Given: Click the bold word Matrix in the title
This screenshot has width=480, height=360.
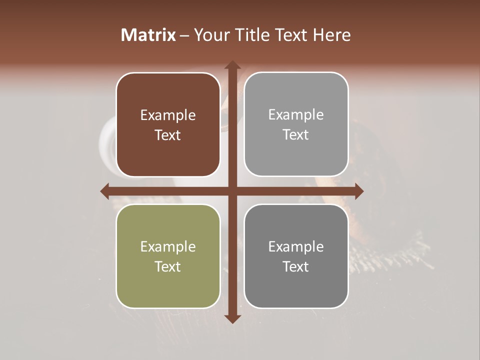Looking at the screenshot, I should [148, 35].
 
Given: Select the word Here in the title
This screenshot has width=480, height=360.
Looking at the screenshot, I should [331, 35].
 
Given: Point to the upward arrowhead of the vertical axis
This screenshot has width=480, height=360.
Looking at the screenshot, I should [232, 65].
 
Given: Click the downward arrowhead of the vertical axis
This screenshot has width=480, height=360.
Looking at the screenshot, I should [232, 319].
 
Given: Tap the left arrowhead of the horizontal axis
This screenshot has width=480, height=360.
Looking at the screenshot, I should [104, 191].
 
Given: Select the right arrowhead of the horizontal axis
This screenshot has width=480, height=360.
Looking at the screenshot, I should [359, 191].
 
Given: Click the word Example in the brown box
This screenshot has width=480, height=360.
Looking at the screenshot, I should [168, 115].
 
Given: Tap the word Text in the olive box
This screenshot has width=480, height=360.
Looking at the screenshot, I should [168, 267].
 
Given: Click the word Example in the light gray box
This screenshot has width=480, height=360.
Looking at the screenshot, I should [296, 115].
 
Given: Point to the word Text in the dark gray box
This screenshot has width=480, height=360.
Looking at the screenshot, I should [296, 267].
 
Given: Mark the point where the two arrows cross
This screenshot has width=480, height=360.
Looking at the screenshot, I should [232, 191].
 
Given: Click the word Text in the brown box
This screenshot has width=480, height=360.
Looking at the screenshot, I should [168, 135].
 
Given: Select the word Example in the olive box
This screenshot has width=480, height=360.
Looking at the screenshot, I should [168, 247].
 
